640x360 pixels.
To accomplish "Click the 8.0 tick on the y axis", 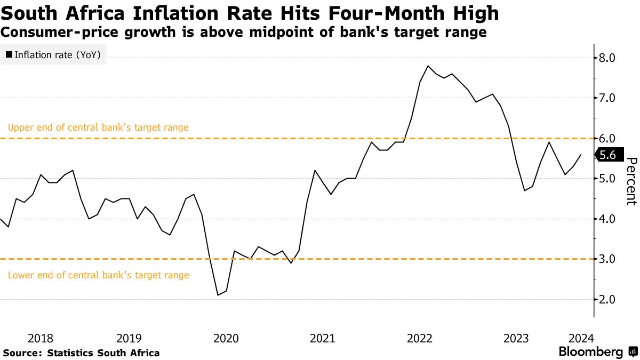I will (x=608, y=58).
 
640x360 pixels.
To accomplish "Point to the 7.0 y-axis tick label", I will (x=608, y=98).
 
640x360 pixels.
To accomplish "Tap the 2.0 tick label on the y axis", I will (x=608, y=300).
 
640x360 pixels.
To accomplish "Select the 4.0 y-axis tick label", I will (x=608, y=219).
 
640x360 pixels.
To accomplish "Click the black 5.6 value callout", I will (x=607, y=155).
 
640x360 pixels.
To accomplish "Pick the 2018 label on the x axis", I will (x=41, y=338).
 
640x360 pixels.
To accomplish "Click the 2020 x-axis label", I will (x=226, y=338).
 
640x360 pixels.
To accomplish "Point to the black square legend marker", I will (x=9, y=54).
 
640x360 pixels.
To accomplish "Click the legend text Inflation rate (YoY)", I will (x=58, y=54).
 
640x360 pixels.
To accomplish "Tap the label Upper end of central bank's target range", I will (x=98, y=127).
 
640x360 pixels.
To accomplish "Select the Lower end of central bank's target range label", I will (x=98, y=275).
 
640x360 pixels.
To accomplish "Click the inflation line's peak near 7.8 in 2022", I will (x=428, y=66).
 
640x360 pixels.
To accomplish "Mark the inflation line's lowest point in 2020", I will (x=218, y=295).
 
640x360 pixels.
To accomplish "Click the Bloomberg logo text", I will (x=590, y=352).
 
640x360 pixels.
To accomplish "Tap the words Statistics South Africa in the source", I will (x=103, y=353).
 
